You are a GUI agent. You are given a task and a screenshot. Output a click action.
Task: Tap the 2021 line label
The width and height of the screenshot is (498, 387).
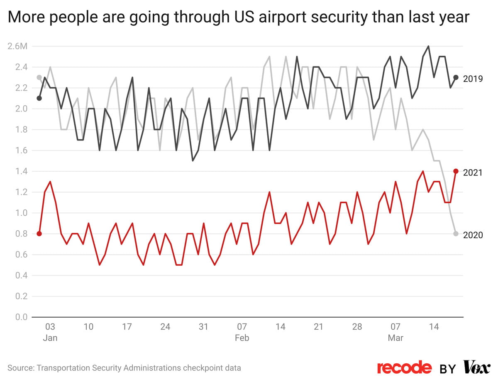coord(473,172)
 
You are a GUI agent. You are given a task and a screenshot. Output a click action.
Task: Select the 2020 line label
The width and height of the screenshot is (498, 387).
coord(473,235)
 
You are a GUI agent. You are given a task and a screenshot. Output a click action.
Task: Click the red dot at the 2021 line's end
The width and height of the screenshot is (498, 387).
coord(456,171)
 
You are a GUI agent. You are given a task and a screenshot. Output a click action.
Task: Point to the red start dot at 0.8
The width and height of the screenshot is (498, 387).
coord(39,234)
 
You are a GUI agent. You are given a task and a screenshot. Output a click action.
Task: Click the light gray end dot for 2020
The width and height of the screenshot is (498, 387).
coord(456,234)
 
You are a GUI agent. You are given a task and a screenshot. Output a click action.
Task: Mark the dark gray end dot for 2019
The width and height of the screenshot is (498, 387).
coord(456,77)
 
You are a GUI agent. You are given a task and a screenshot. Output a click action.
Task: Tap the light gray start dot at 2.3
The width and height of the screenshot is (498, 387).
coord(39,77)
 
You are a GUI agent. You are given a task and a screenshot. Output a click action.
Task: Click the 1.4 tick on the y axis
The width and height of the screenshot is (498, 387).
coord(21,171)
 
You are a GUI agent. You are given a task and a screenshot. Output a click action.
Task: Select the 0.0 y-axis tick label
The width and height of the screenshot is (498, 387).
coord(21,317)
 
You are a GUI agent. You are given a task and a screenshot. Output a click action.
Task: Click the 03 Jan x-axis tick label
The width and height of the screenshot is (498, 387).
coord(50,327)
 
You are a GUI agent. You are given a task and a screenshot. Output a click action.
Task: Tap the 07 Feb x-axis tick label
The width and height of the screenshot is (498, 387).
coord(242,327)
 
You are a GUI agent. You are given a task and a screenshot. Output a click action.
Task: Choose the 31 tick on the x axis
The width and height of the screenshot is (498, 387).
coord(203,327)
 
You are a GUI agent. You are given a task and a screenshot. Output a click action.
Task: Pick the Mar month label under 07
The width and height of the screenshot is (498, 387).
coord(395,338)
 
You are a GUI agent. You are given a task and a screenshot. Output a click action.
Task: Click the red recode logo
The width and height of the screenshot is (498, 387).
coord(404,367)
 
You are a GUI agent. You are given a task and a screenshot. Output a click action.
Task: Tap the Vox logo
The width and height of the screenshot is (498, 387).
coord(476,367)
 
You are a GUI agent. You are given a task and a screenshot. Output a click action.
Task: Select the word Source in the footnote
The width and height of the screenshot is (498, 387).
coord(20,368)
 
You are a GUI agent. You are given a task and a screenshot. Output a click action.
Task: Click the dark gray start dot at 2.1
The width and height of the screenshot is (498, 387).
coord(39,98)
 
